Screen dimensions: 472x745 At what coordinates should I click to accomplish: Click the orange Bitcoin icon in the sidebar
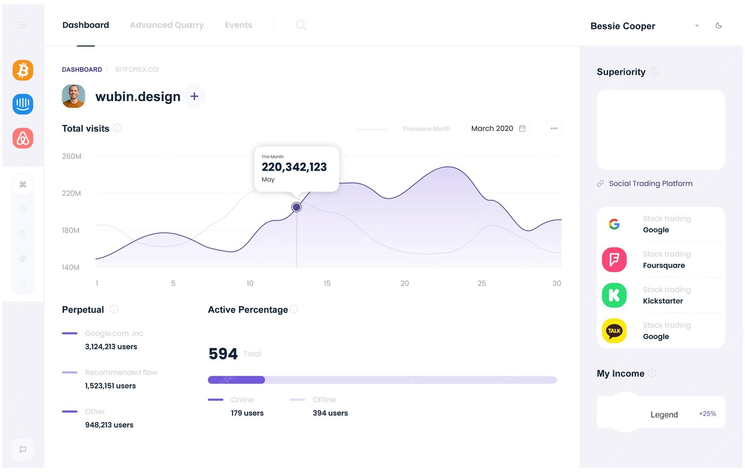[23, 70]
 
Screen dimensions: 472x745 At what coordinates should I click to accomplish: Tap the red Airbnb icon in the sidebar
[23, 138]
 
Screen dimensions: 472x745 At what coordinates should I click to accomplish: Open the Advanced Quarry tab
[166, 25]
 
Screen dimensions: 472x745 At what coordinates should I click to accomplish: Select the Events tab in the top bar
[238, 25]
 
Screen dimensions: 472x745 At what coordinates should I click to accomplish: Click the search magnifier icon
[301, 25]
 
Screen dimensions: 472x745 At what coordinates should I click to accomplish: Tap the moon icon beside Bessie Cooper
[719, 25]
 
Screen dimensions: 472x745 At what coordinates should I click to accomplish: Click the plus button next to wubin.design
[194, 96]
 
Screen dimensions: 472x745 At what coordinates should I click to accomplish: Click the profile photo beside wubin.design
[73, 96]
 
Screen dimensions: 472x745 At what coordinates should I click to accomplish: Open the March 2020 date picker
[498, 128]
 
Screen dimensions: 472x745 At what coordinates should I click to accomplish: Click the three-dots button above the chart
[554, 128]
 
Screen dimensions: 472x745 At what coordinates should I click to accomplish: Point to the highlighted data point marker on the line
[296, 207]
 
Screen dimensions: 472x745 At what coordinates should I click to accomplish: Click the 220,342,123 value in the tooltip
[294, 167]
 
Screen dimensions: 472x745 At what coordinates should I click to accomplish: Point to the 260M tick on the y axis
[71, 156]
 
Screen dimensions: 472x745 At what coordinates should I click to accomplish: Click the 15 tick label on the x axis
[327, 283]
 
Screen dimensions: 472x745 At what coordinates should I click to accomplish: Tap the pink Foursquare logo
[614, 260]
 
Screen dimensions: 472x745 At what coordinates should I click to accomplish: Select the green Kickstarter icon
[614, 295]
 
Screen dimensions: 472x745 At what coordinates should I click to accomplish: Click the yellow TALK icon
[614, 331]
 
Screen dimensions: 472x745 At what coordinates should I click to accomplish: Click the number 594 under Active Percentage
[223, 353]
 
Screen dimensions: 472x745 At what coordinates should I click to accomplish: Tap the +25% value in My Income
[707, 414]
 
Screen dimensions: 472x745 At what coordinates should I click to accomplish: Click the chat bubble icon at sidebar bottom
[23, 449]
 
